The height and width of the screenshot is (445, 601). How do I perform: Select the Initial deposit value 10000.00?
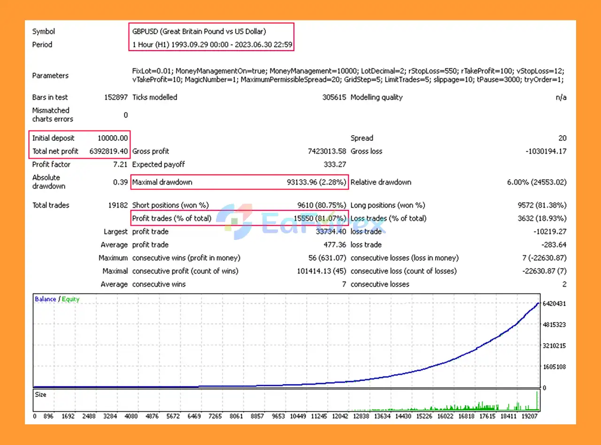pos(113,138)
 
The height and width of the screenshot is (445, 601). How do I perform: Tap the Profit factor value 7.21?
pos(121,164)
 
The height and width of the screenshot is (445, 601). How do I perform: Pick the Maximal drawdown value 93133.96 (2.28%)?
pos(316,182)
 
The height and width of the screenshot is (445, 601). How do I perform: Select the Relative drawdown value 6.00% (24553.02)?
pos(537,182)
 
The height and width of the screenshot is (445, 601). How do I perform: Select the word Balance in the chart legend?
pos(45,299)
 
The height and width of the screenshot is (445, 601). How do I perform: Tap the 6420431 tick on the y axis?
pos(554,304)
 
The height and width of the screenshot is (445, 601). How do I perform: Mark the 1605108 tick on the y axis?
pos(554,367)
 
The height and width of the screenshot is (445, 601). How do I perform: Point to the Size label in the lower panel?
pos(41,395)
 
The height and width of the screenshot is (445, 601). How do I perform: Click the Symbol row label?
pos(43,31)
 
